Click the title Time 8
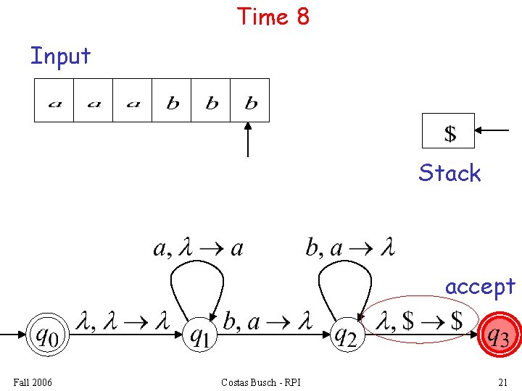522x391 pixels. point(273,16)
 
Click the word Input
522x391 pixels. point(60,56)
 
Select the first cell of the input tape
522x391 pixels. point(54,101)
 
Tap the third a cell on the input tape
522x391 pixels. point(133,101)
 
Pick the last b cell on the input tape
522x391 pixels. point(250,101)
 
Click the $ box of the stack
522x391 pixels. point(449,131)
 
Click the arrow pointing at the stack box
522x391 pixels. point(494,131)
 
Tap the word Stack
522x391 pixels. point(449,173)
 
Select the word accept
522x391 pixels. point(480,287)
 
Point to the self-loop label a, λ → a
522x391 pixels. point(198,248)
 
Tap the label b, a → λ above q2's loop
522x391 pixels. point(350,248)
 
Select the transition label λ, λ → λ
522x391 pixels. point(121,320)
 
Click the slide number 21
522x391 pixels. point(502,382)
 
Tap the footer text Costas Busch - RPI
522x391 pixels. point(261,382)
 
